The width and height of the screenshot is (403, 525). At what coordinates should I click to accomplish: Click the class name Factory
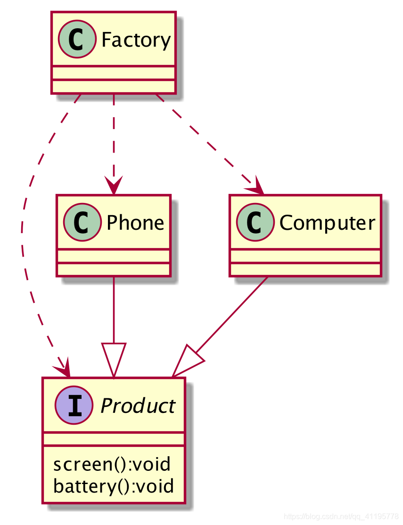pos(136,40)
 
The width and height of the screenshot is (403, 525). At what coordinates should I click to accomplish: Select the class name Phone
pos(135,223)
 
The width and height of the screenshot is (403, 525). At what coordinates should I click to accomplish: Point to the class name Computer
pos(327,223)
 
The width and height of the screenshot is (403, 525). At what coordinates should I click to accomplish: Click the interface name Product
pos(138,406)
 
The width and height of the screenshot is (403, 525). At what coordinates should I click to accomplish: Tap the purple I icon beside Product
pos(73,406)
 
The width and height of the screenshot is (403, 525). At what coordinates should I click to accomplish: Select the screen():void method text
pos(112,464)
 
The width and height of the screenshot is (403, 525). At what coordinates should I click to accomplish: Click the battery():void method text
pos(114,485)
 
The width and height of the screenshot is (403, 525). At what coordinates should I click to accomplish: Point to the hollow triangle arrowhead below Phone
pos(114,360)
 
